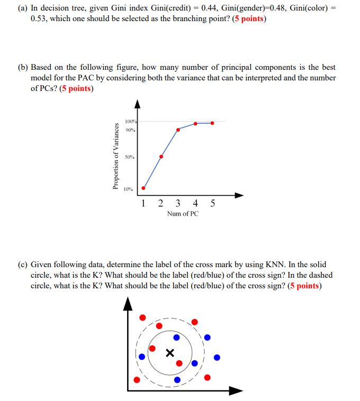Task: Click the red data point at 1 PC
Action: point(143,188)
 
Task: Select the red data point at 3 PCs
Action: point(178,130)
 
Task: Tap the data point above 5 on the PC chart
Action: point(212,123)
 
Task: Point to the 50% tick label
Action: point(130,157)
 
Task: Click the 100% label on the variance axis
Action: point(130,121)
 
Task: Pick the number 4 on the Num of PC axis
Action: point(195,203)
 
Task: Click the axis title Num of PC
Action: point(183,214)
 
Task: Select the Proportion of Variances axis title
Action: point(115,156)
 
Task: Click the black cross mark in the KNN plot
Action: point(169,353)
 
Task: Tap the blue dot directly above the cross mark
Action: point(176,337)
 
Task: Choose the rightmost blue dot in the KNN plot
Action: point(217,358)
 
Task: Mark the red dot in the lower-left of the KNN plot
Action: point(137,379)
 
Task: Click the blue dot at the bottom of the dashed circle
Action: point(177,379)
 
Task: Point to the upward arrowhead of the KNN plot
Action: point(127,303)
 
